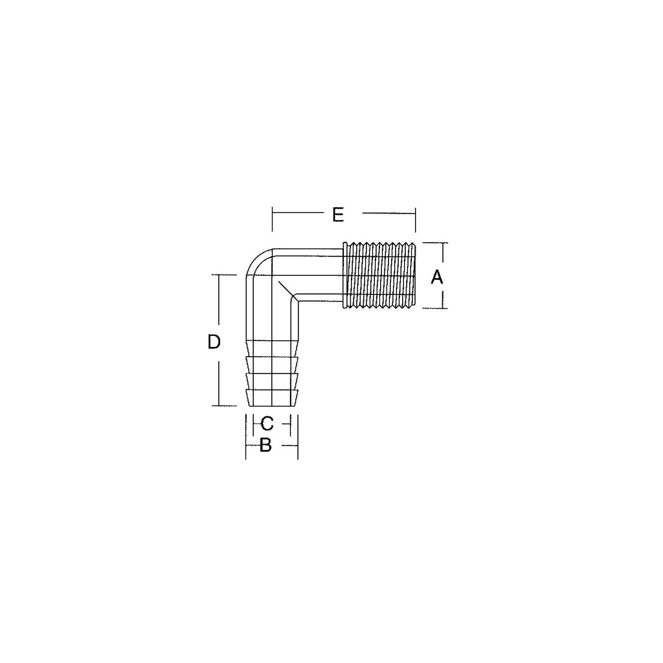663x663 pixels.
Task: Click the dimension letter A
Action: [x=436, y=277]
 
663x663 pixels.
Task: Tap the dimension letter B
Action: [x=265, y=445]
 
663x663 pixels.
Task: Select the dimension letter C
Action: [x=267, y=423]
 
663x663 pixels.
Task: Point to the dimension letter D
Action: [x=214, y=342]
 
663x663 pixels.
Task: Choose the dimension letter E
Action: [x=338, y=214]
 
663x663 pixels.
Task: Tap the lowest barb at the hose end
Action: [x=272, y=398]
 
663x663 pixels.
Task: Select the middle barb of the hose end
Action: [x=272, y=381]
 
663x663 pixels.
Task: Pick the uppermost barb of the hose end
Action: [x=272, y=365]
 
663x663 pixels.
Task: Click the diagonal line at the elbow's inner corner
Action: [x=288, y=291]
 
